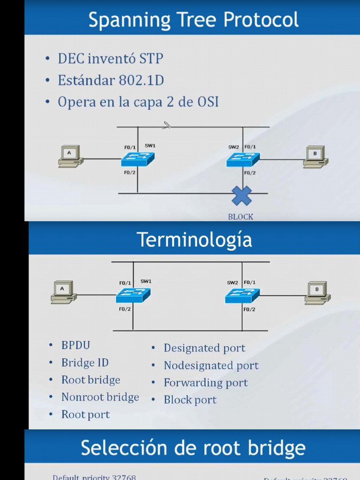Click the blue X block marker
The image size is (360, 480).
click(x=242, y=195)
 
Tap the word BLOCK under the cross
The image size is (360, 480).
click(x=240, y=217)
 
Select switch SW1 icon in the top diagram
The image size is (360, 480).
click(x=137, y=159)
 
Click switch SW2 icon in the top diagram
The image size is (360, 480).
click(x=243, y=159)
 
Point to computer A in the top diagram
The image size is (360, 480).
click(x=71, y=156)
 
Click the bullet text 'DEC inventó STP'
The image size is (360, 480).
click(x=111, y=59)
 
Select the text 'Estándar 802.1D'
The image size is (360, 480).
click(x=111, y=80)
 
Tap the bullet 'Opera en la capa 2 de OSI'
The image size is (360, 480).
click(x=138, y=102)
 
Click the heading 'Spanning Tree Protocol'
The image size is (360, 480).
click(x=193, y=20)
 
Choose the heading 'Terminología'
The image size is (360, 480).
click(x=194, y=240)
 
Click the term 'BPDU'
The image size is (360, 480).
click(x=76, y=345)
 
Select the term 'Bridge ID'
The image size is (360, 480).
click(x=85, y=363)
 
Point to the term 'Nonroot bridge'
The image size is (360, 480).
click(x=100, y=397)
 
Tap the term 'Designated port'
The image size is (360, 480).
click(x=204, y=348)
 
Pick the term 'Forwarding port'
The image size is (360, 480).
click(x=205, y=382)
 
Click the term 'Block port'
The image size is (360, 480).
click(x=190, y=400)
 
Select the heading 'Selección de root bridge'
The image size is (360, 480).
click(x=193, y=448)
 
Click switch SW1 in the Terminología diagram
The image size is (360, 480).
click(x=133, y=295)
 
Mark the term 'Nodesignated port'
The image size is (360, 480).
click(x=211, y=365)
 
